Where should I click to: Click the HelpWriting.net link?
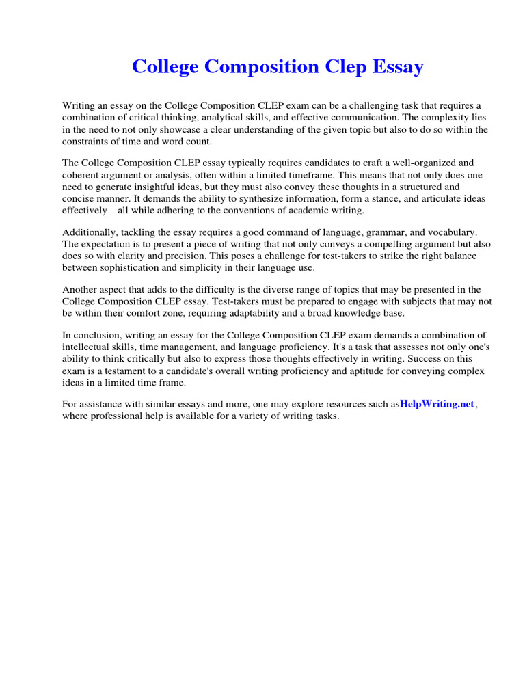(x=437, y=404)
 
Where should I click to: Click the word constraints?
(x=87, y=141)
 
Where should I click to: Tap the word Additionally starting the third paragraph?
(x=89, y=232)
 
